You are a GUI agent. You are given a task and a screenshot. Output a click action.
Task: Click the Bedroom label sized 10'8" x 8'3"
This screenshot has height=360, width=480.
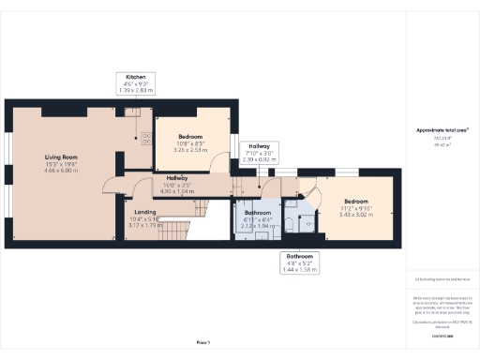190,142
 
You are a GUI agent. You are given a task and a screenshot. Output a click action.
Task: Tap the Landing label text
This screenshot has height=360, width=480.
145,212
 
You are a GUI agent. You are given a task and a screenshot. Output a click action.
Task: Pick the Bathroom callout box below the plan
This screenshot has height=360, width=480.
301,262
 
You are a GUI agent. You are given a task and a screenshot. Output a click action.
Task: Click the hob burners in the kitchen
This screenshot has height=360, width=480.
146,140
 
